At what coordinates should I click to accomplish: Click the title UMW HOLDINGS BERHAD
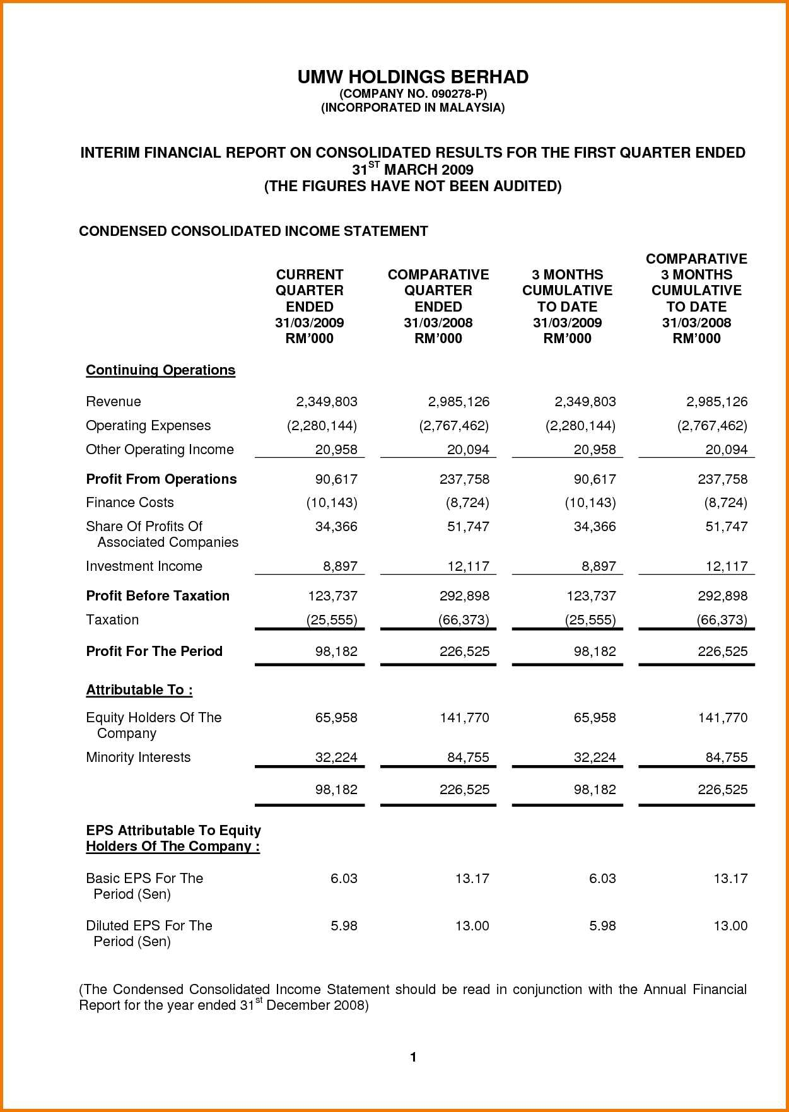click(412, 77)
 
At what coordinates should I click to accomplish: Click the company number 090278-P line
click(412, 93)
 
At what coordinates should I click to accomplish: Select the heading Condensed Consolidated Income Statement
click(253, 231)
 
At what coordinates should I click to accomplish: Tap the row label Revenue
click(114, 402)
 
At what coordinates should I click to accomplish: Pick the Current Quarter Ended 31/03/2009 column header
click(309, 307)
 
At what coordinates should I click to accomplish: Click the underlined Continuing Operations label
click(160, 370)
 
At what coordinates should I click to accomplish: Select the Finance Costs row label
click(129, 503)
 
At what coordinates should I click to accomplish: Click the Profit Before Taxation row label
click(158, 596)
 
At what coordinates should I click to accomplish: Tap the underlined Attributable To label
click(139, 690)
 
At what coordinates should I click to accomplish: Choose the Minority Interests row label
click(138, 758)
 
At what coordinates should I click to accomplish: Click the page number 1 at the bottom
click(413, 1057)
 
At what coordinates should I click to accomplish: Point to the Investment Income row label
click(144, 566)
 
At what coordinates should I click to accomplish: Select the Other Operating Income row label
click(160, 450)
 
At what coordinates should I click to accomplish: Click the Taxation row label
click(112, 620)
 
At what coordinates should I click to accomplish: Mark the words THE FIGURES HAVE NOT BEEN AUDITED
click(412, 186)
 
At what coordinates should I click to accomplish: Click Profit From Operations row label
click(161, 479)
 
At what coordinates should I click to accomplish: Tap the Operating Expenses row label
click(148, 426)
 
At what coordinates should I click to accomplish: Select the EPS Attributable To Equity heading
click(173, 831)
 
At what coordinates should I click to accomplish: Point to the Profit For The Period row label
click(154, 652)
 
